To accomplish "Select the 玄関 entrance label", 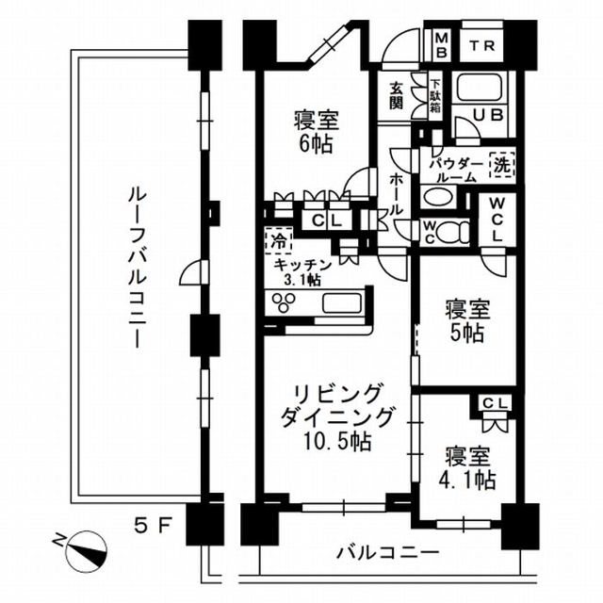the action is click(x=397, y=95).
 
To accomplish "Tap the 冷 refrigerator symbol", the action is click(x=278, y=239).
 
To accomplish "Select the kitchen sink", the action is click(x=341, y=302).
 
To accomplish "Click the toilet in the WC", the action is click(x=453, y=231).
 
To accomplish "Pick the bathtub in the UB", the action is click(x=483, y=90).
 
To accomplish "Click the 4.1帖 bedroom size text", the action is click(x=469, y=480).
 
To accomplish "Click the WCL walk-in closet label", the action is click(x=496, y=220).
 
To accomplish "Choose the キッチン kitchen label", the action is click(x=303, y=265).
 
